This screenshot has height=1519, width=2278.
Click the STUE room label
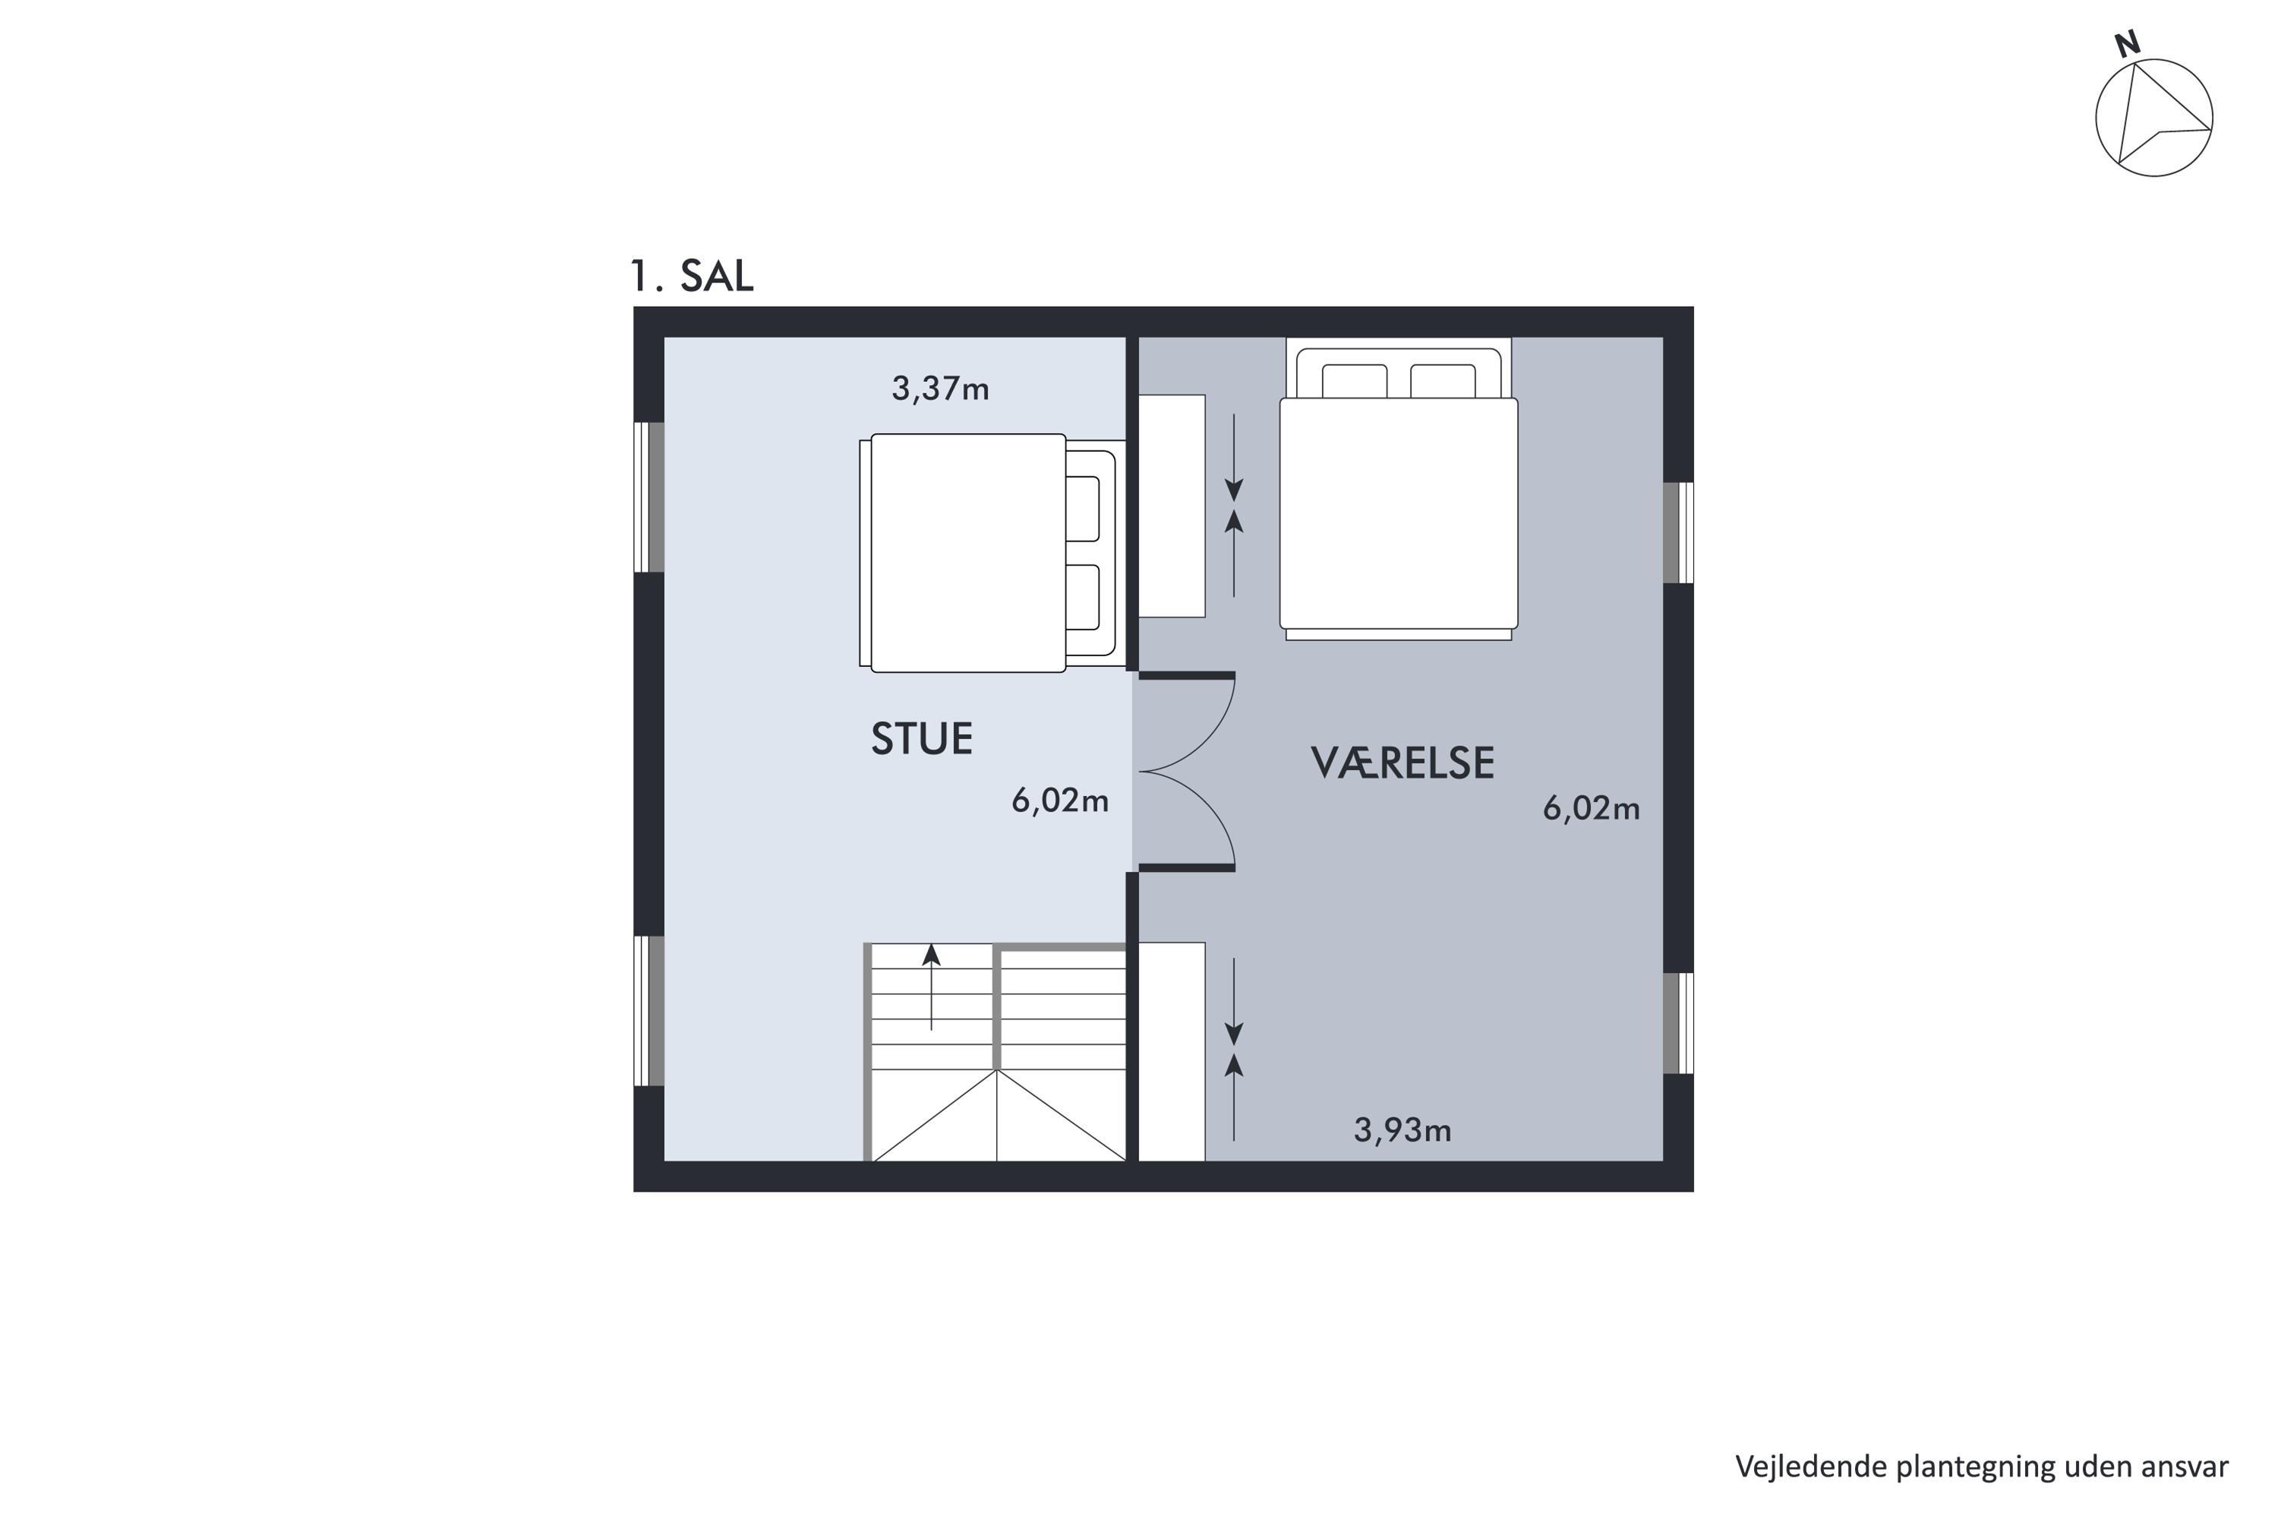pos(921,739)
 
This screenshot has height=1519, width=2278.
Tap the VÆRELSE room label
pos(1402,763)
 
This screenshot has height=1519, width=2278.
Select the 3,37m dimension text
pos(939,388)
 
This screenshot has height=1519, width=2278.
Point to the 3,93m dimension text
pos(1402,1129)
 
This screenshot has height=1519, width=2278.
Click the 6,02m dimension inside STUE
pos(1059,801)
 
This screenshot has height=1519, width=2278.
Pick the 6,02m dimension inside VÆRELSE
pos(1592,808)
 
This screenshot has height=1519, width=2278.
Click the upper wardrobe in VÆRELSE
pos(1171,506)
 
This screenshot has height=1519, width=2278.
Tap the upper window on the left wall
pos(649,497)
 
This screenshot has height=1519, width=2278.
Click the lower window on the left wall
pos(649,1010)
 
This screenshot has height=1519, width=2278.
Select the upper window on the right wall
pos(1678,533)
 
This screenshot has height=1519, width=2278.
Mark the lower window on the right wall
pos(1678,1023)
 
